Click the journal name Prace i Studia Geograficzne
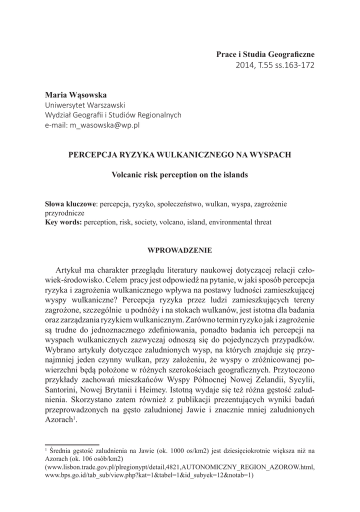[x=265, y=53]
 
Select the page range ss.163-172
[x=292, y=65]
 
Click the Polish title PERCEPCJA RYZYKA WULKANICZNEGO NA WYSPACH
[x=179, y=155]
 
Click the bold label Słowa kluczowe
[x=70, y=204]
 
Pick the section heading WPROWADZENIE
[x=179, y=249]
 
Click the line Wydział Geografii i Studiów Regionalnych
[x=113, y=115]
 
